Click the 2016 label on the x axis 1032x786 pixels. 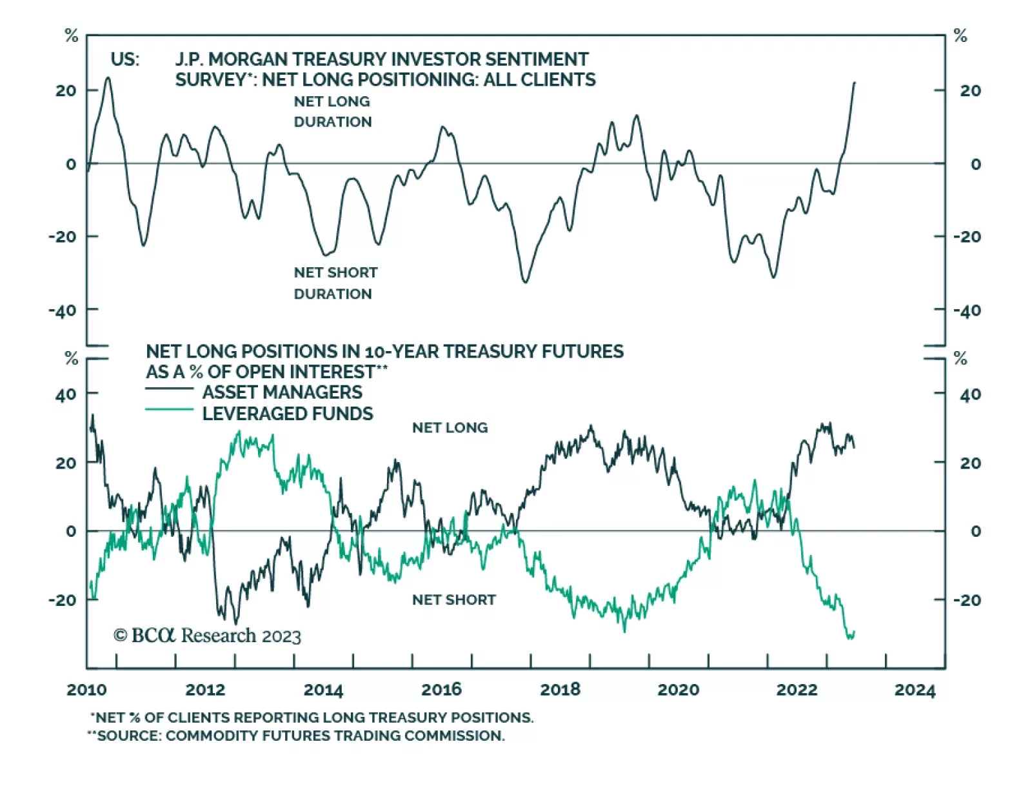click(441, 690)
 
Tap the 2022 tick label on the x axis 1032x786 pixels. click(796, 690)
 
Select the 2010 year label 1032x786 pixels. click(86, 690)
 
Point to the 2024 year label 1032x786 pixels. click(914, 690)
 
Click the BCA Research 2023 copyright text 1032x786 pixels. click(207, 636)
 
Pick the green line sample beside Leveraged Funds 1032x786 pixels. click(169, 409)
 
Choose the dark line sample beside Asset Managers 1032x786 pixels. click(169, 388)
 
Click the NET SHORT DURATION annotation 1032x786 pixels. click(335, 283)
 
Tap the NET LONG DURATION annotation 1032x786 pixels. click(332, 112)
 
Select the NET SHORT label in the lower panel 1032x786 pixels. click(453, 600)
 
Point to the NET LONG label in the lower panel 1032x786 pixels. click(450, 428)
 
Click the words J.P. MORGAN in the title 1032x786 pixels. click(232, 59)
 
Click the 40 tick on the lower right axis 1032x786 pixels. click(970, 394)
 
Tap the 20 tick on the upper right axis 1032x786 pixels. click(970, 91)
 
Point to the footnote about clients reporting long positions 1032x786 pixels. click(312, 718)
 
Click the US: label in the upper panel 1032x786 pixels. click(124, 59)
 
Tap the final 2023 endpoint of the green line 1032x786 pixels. click(854, 632)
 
